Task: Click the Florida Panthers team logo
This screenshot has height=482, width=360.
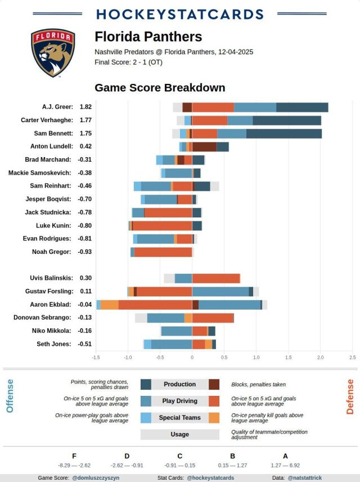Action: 52,53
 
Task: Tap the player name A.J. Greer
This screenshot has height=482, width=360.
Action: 57,107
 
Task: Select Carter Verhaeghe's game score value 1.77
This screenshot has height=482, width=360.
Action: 85,120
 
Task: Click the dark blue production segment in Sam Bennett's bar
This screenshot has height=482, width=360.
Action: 283,133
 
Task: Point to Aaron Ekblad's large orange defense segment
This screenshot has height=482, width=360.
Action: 155,305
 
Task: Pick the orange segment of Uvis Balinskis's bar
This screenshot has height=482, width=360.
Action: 215,278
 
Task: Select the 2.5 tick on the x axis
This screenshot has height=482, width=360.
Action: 353,357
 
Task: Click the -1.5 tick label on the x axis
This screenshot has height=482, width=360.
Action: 96,357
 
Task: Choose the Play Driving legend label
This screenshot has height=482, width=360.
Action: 179,401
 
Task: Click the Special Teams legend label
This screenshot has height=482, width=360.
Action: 179,418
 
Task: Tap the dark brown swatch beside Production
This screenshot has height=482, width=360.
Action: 214,385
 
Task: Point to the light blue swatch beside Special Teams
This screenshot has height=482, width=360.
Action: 146,418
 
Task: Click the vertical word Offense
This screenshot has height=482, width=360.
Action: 10,396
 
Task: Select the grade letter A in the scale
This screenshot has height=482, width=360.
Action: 285,456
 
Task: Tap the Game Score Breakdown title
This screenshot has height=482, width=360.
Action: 160,88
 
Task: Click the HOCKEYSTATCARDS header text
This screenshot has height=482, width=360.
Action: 179,14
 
